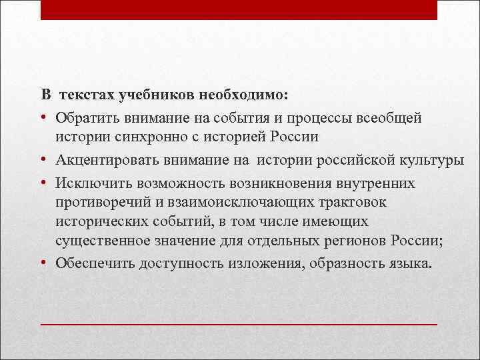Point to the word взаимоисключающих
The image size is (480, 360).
click(233, 202)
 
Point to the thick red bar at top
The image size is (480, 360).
click(239, 10)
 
